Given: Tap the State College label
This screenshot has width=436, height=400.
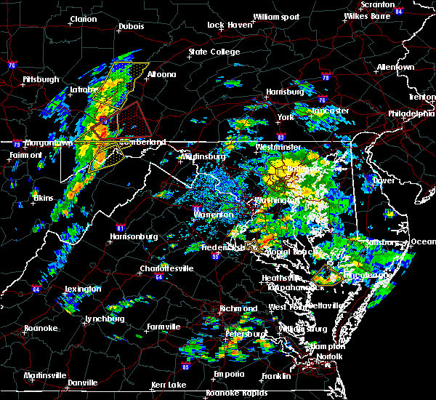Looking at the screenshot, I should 214,52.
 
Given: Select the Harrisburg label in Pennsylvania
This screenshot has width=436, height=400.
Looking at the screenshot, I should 284,92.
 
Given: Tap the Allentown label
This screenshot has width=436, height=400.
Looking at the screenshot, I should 395,67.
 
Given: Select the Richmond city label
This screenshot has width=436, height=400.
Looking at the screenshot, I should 240,308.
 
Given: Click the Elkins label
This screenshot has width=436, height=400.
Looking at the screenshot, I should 43,197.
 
